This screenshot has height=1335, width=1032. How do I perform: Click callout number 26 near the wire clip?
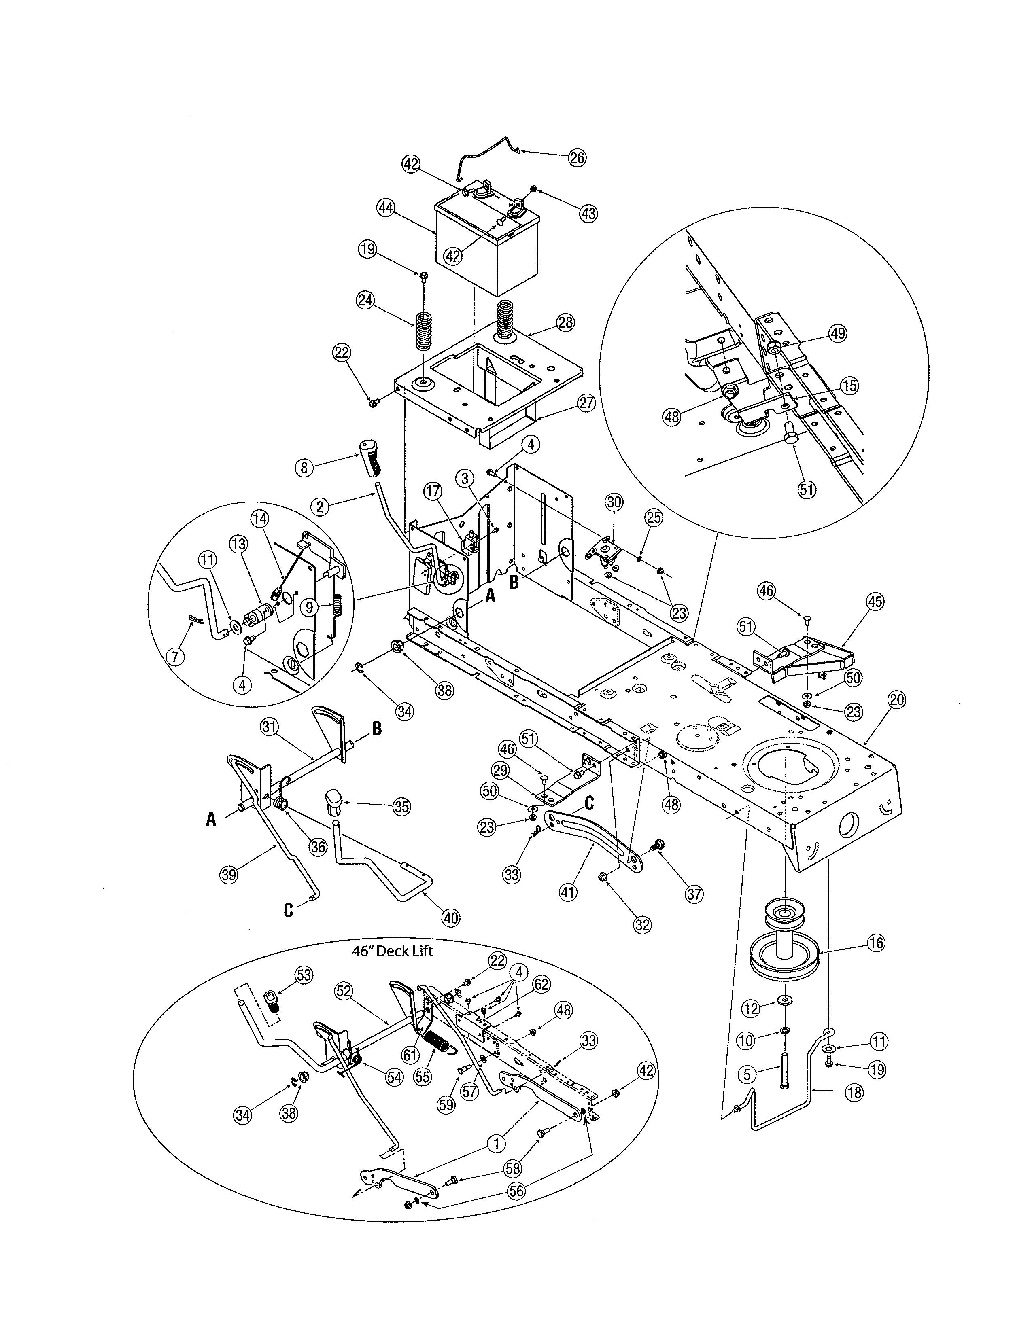click(577, 158)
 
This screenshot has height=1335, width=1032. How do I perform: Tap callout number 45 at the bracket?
click(875, 602)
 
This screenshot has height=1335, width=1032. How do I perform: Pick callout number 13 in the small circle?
click(238, 543)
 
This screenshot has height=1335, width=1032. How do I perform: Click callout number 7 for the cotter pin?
click(176, 657)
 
